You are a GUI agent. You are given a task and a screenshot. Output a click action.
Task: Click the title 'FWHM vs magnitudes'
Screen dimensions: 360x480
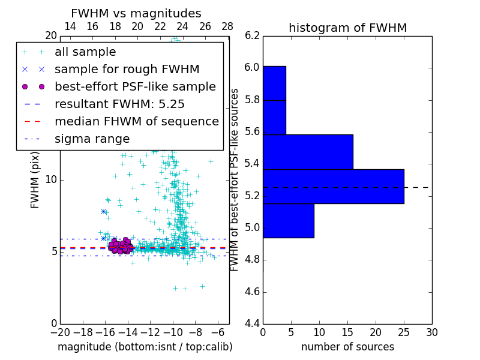coord(136,13)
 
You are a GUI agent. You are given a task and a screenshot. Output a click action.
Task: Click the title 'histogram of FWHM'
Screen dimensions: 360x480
coord(347,28)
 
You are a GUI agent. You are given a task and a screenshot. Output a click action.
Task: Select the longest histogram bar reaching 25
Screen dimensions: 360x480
coord(333,186)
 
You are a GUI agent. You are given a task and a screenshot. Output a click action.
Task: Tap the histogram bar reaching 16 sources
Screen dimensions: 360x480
coord(308,152)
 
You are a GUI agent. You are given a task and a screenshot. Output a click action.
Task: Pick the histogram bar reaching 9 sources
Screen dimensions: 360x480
coord(288,220)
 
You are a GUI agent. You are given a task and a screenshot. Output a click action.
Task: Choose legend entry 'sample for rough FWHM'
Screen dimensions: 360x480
coord(127,69)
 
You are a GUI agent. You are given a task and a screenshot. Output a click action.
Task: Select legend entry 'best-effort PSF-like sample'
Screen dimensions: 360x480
coord(135,86)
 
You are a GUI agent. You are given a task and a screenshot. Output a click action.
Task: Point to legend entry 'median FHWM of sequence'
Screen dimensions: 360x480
coord(136,121)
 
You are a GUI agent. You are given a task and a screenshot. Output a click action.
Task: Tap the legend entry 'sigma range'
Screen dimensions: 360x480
coord(92,139)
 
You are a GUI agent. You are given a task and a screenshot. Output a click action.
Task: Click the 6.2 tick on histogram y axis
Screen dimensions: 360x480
coord(252,35)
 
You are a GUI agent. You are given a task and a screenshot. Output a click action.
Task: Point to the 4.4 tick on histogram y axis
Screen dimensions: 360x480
coord(252,324)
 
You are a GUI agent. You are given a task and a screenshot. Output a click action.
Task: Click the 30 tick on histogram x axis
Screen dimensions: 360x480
coord(431,332)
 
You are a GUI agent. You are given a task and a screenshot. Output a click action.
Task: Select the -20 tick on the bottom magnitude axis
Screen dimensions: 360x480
coord(60,332)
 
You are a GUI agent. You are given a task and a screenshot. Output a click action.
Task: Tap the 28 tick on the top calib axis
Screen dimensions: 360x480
coord(228,26)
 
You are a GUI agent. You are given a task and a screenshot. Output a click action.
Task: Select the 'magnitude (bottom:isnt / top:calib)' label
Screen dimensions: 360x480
coord(145,347)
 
